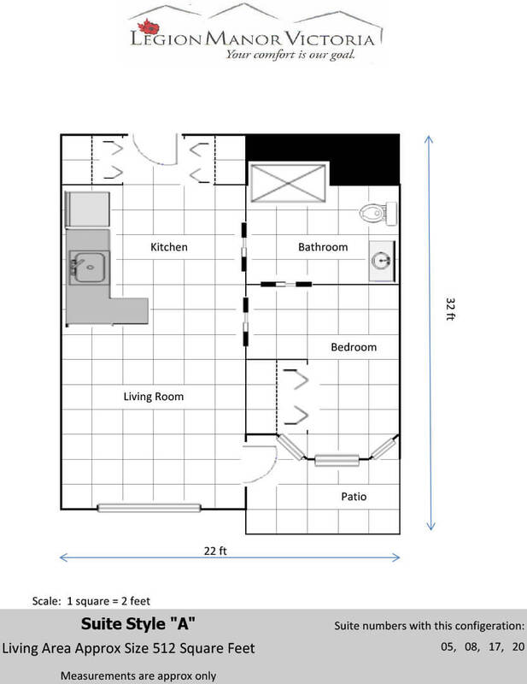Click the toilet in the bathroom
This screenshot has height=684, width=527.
coord(378,213)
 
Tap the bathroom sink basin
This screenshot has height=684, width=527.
coord(382,261)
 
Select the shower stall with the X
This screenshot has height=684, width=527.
coord(288,183)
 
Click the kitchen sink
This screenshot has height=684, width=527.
coord(88,267)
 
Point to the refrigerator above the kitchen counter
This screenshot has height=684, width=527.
coord(87,209)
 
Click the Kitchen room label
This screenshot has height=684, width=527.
coord(169,247)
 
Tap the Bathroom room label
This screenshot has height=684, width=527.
coord(323,247)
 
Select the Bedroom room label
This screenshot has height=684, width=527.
coord(354,347)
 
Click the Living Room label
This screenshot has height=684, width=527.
coord(154,397)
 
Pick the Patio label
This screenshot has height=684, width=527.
coord(354,497)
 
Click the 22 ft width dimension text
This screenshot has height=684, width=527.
coord(215,551)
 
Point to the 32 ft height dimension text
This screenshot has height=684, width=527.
coord(450,309)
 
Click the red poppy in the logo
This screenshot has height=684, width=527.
coord(149,27)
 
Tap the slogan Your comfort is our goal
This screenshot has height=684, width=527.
coord(290,55)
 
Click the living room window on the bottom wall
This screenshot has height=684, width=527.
coord(149,508)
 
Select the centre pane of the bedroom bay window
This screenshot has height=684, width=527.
coord(337,460)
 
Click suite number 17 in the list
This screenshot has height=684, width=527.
coord(495,646)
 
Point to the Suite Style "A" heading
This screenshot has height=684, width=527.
coord(138,624)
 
